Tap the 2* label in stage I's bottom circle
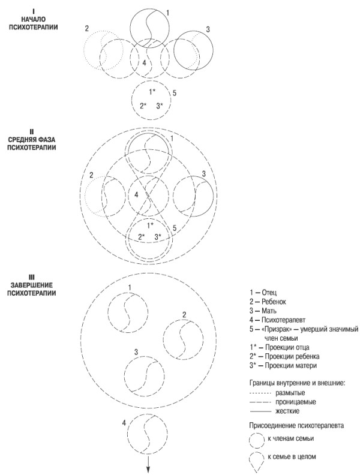click(x=143, y=106)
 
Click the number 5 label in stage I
click(x=174, y=93)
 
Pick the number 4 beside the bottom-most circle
click(x=123, y=423)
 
